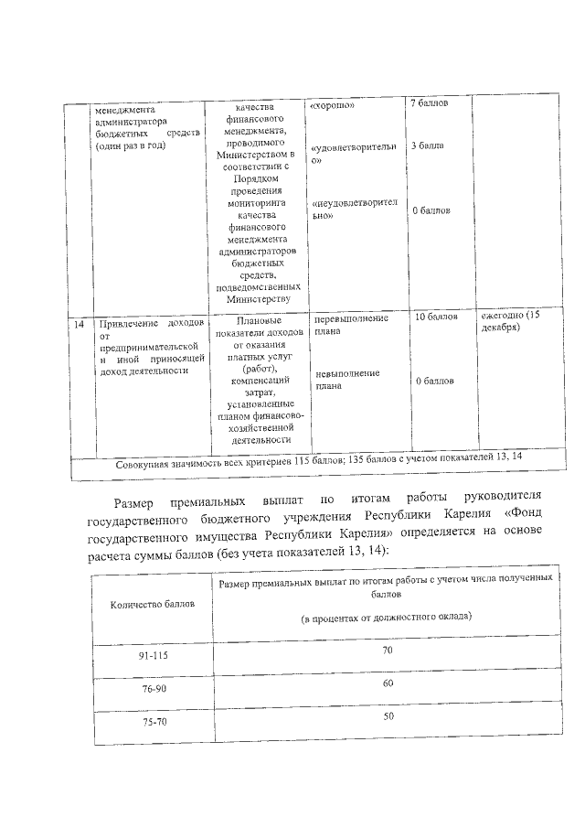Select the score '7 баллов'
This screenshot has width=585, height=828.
click(x=428, y=102)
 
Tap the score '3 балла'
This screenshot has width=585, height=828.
click(x=427, y=145)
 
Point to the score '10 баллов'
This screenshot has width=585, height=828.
click(x=436, y=317)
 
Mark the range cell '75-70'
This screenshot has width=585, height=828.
click(x=153, y=723)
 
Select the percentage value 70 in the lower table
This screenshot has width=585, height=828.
click(x=388, y=650)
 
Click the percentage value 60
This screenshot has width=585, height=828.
click(x=388, y=683)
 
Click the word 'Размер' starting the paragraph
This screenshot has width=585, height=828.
click(x=138, y=502)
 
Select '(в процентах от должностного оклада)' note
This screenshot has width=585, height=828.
click(x=387, y=618)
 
